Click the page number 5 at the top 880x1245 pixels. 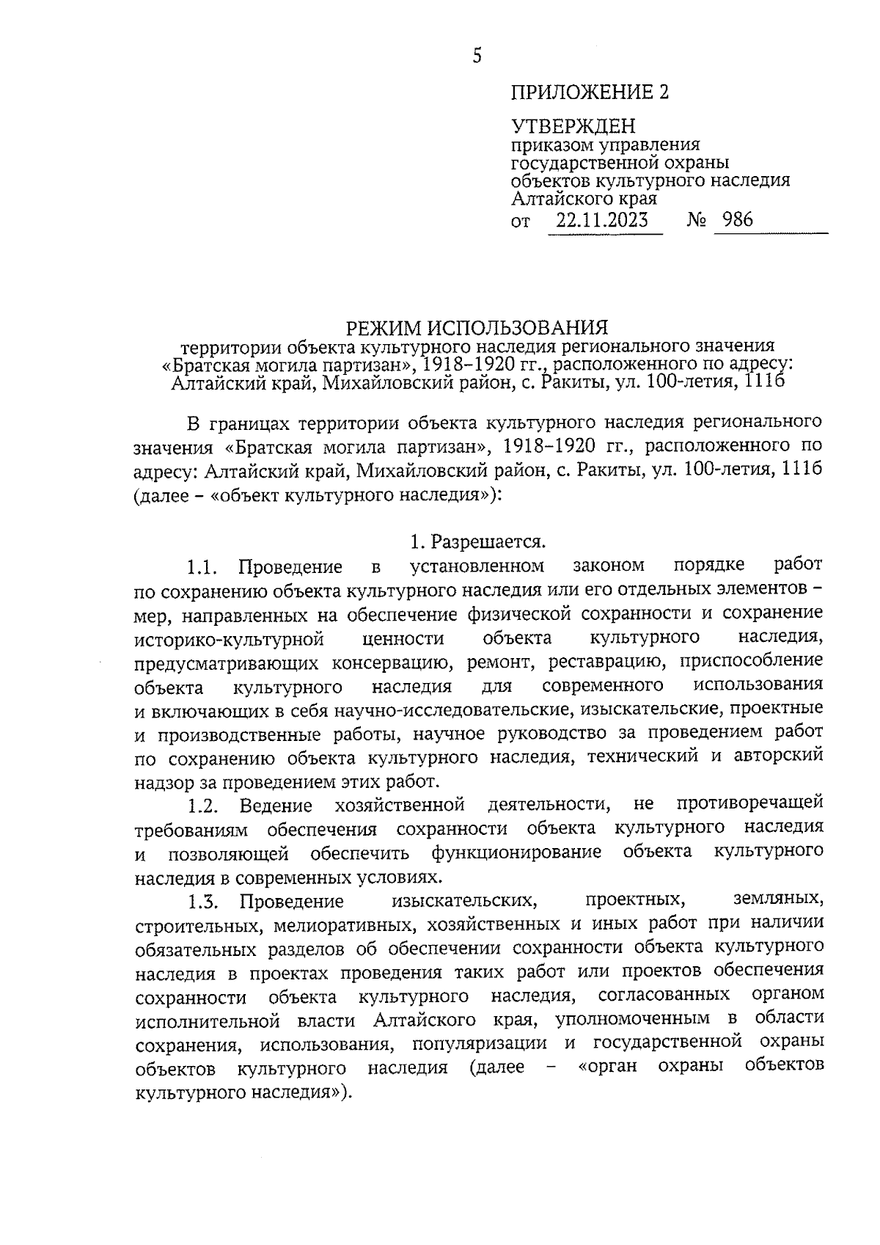click(477, 56)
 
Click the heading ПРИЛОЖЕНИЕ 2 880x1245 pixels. click(590, 92)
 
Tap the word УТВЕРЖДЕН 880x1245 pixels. click(573, 127)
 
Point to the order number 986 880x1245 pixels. click(737, 219)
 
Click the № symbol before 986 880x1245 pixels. click(697, 220)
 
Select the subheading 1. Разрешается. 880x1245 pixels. click(477, 542)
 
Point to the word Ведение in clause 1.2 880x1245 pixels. click(276, 806)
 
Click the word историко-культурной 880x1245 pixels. click(230, 638)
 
